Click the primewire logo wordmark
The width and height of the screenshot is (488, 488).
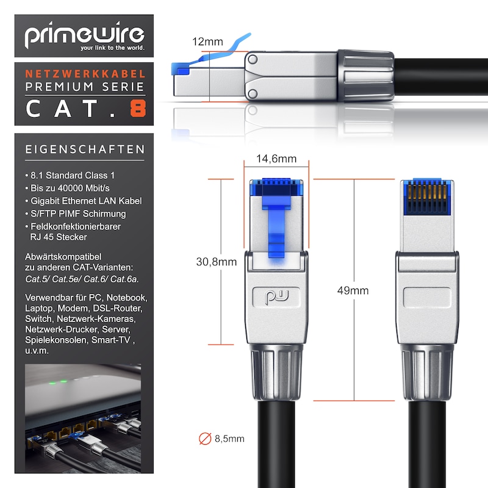[x=84, y=34]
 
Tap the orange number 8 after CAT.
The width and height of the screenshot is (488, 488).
[x=138, y=109]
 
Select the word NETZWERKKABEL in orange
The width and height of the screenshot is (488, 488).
[x=85, y=74]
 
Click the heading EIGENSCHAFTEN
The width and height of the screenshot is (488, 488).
[x=85, y=149]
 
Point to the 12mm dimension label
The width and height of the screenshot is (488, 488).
[x=207, y=41]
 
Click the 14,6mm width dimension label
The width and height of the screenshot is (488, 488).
[x=276, y=159]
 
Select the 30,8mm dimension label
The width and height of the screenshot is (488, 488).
[x=217, y=262]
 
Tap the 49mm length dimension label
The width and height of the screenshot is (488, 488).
[x=353, y=290]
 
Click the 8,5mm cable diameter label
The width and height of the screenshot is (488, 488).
[x=229, y=439]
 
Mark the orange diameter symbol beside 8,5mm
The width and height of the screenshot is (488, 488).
[x=205, y=439]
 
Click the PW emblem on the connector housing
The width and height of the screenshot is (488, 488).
[x=276, y=297]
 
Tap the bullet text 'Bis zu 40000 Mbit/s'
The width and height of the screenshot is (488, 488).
[x=70, y=188]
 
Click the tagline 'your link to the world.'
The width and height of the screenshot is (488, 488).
[x=112, y=48]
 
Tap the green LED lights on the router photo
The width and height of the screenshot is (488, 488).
[x=58, y=382]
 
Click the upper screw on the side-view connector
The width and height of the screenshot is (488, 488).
[x=253, y=59]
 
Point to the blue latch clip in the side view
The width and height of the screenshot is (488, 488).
[x=210, y=56]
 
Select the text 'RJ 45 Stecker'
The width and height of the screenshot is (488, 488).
[x=59, y=237]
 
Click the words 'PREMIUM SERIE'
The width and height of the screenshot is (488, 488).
[x=85, y=87]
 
